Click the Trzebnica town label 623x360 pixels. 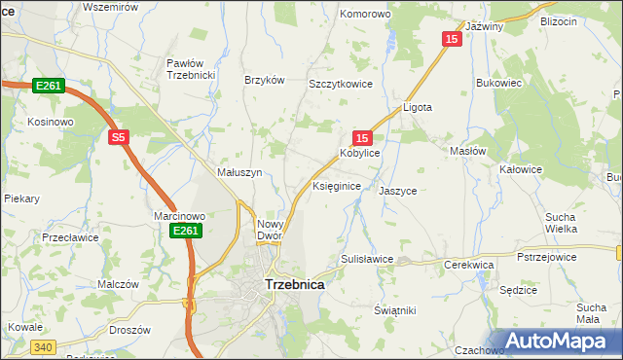(294, 285)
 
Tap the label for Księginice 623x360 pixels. (338, 185)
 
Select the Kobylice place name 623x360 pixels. (359, 154)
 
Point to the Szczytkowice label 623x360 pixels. (342, 85)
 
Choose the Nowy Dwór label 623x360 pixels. (269, 230)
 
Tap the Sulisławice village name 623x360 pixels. (366, 259)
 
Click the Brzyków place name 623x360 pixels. (264, 81)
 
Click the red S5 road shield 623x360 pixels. (118, 138)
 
